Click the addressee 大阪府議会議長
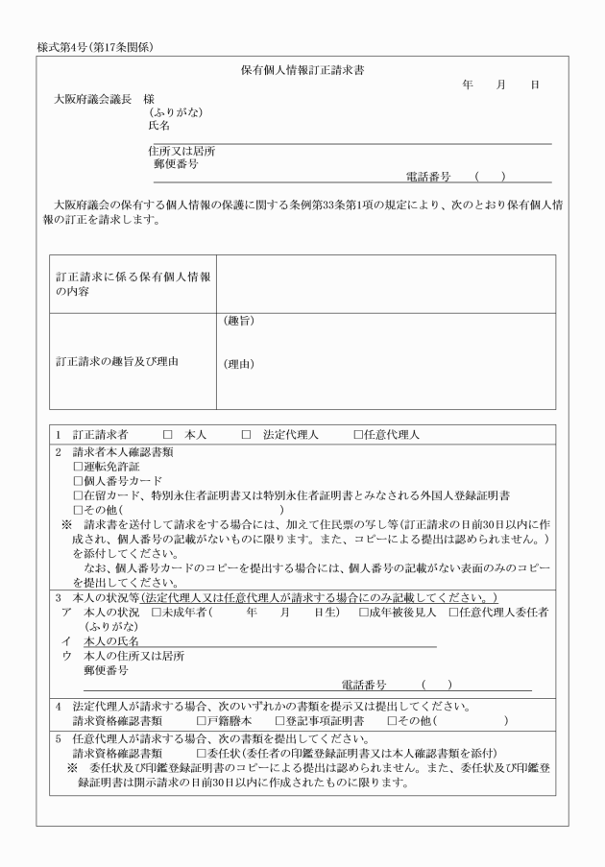[x=92, y=99]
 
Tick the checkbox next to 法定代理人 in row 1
[x=247, y=435]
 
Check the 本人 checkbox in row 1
[x=167, y=435]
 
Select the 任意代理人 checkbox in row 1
[x=358, y=435]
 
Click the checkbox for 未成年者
[x=157, y=612]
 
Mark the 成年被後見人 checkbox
[x=364, y=612]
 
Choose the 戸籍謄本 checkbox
[x=201, y=720]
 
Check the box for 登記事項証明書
[x=278, y=720]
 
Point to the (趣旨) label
[x=239, y=321]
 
